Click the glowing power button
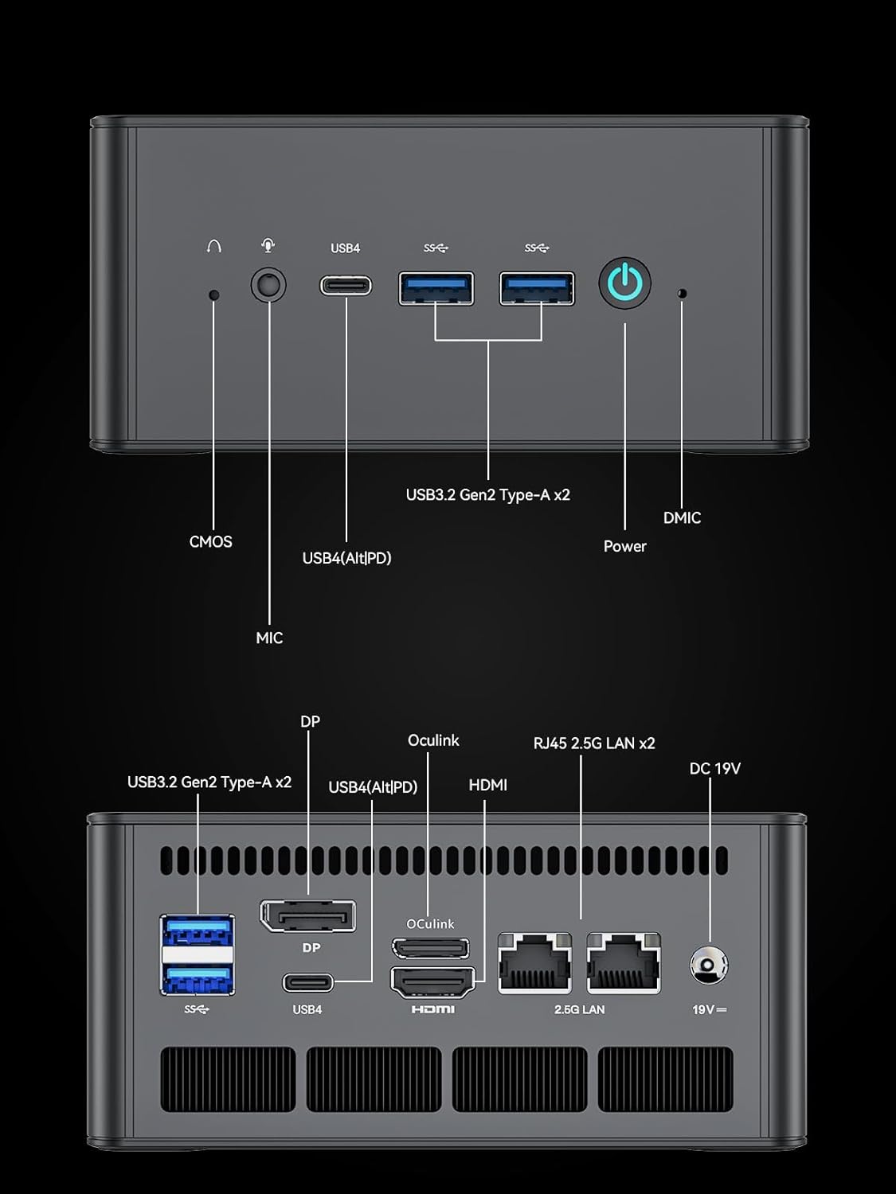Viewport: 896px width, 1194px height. pyautogui.click(x=625, y=283)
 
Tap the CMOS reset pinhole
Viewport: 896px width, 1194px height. pyautogui.click(x=213, y=295)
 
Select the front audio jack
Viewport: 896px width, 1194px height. pyautogui.click(x=268, y=285)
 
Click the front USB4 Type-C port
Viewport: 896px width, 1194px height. pyautogui.click(x=346, y=285)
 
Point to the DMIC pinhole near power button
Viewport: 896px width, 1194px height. pyautogui.click(x=681, y=293)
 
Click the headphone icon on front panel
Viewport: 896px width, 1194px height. pyautogui.click(x=213, y=247)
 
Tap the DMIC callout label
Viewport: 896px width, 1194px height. pyautogui.click(x=682, y=517)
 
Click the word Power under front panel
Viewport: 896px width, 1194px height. pyautogui.click(x=624, y=546)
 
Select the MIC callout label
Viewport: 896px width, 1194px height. pyautogui.click(x=269, y=638)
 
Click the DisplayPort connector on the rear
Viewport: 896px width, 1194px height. pyautogui.click(x=307, y=917)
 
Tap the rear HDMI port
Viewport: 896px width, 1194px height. pyautogui.click(x=432, y=982)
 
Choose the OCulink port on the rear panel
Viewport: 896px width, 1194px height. pyautogui.click(x=430, y=948)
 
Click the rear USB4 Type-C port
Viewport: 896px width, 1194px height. pyautogui.click(x=307, y=982)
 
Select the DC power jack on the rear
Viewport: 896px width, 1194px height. pyautogui.click(x=708, y=966)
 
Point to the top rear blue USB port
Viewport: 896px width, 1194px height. pyautogui.click(x=198, y=931)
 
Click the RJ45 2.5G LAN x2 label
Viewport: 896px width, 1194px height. pyautogui.click(x=594, y=743)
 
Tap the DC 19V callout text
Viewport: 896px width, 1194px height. pyautogui.click(x=714, y=768)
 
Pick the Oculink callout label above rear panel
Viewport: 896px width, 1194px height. pyautogui.click(x=433, y=740)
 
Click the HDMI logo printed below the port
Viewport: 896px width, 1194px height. pyautogui.click(x=432, y=1009)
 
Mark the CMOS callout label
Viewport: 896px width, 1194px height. pyautogui.click(x=211, y=541)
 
